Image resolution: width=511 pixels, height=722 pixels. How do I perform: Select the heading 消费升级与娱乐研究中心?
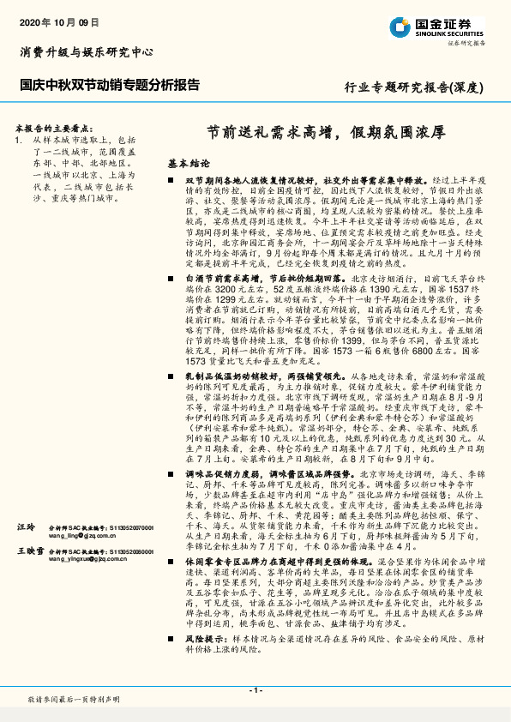[x=87, y=52]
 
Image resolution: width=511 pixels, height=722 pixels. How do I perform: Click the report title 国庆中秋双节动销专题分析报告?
[x=110, y=86]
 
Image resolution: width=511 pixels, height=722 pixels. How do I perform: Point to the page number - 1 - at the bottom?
[x=255, y=689]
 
